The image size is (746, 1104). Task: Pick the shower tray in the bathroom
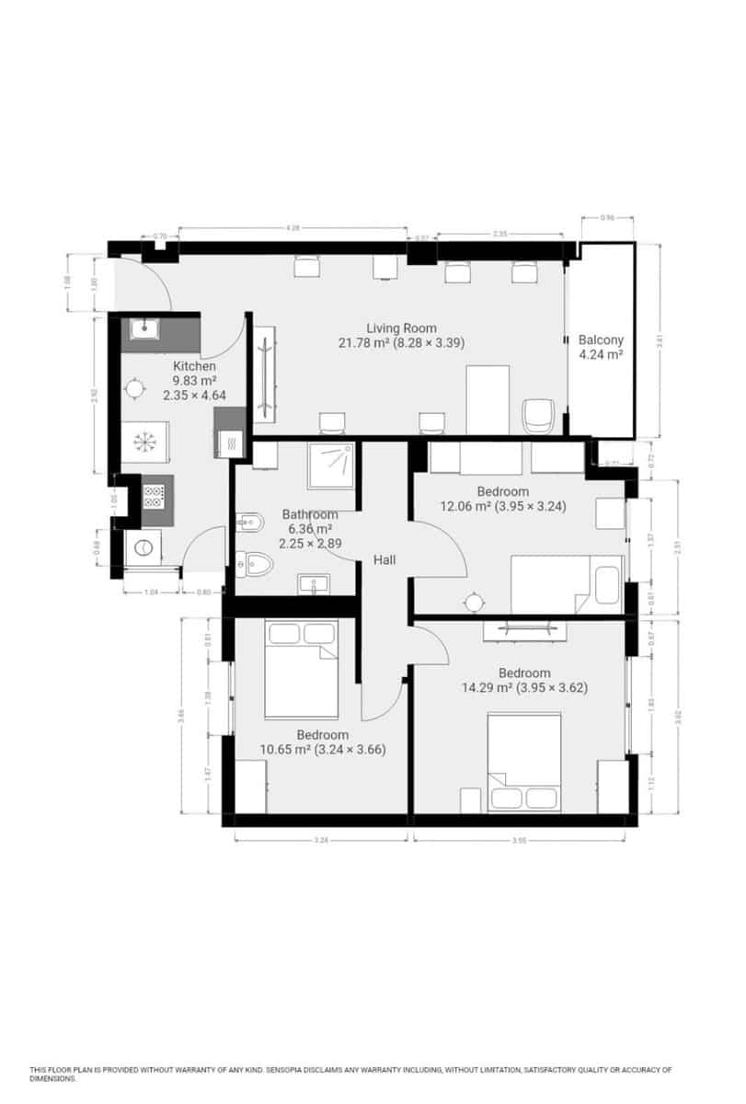tap(332, 464)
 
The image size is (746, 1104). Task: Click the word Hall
tap(384, 559)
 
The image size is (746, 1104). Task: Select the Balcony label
tap(602, 339)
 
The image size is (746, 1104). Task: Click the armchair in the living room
tap(537, 416)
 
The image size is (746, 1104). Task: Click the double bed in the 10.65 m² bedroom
tap(301, 669)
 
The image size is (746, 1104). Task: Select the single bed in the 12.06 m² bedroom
tap(568, 584)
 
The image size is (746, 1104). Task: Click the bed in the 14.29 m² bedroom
tap(524, 762)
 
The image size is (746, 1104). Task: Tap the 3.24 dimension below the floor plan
tap(321, 839)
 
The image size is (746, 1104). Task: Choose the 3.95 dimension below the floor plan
tap(521, 839)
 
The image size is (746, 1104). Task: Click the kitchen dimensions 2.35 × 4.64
tap(194, 396)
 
